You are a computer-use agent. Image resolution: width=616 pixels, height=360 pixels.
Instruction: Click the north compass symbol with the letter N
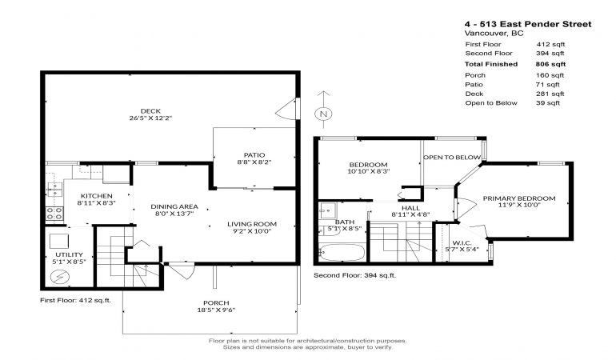(323, 114)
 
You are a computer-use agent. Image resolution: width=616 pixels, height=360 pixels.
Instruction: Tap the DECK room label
(150, 111)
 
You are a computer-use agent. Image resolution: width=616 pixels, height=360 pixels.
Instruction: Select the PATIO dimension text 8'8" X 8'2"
(254, 162)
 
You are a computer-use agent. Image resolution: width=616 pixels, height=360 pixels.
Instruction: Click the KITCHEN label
(97, 196)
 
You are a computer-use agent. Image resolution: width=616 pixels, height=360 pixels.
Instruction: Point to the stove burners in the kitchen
(54, 214)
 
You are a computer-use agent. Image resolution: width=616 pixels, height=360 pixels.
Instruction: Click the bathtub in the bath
(342, 253)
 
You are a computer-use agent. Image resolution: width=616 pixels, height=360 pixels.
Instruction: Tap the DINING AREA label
(174, 206)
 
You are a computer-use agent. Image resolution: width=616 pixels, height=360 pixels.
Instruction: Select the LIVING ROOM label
(252, 224)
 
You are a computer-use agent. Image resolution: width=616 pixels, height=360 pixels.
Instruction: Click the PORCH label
(216, 302)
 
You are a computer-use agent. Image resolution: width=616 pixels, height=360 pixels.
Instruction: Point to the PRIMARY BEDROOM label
(519, 198)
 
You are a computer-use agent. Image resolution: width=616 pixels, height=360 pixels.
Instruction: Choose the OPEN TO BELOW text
(452, 158)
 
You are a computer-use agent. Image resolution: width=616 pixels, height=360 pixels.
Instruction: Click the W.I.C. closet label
(462, 243)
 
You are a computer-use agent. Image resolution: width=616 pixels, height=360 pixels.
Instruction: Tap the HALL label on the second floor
(410, 208)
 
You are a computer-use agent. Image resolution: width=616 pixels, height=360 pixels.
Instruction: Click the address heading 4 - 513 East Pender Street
(528, 24)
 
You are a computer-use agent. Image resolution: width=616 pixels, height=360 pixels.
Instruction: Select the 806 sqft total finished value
(550, 64)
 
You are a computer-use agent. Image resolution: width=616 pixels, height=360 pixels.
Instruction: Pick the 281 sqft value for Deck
(550, 94)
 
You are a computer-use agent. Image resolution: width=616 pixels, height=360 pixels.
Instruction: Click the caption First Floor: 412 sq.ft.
(75, 300)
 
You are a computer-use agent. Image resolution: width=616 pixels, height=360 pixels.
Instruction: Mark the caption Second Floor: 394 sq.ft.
(354, 275)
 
